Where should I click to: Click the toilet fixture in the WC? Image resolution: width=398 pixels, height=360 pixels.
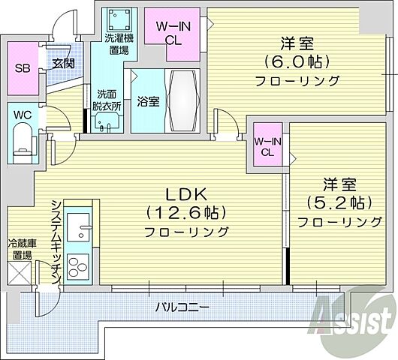click(x=22, y=143)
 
